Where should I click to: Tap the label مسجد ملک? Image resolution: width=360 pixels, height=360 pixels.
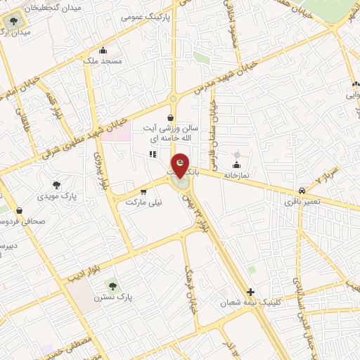(x=103, y=62)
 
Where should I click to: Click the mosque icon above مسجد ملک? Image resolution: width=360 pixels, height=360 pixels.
(x=103, y=50)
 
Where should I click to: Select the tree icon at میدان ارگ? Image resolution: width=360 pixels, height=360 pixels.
(x=12, y=20)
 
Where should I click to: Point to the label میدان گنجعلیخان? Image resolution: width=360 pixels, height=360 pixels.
(x=52, y=8)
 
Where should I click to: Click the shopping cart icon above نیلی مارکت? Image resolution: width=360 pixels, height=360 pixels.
(x=143, y=191)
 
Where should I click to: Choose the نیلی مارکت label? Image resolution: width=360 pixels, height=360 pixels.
(x=143, y=202)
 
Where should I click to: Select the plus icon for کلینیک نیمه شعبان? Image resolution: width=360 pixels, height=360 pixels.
(x=250, y=292)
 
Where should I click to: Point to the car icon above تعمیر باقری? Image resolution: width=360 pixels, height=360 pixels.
(x=302, y=191)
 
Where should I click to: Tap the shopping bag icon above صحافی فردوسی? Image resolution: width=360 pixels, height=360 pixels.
(x=19, y=210)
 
